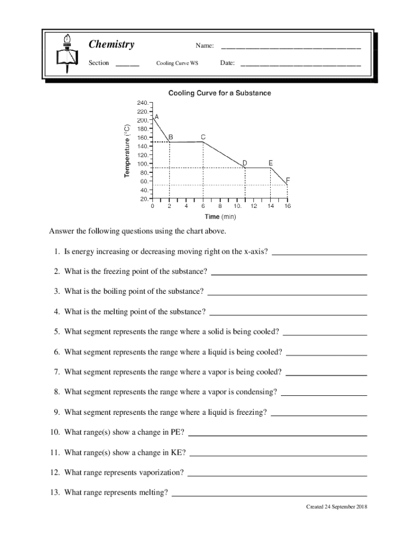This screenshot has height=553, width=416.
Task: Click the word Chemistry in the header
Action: tap(111, 45)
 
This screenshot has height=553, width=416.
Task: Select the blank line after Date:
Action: tap(300, 64)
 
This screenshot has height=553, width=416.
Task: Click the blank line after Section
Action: tap(128, 64)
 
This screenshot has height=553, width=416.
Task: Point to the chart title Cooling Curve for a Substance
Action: tap(219, 93)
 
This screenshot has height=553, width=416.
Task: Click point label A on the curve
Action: tap(157, 117)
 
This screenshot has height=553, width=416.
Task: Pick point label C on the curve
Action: tap(203, 137)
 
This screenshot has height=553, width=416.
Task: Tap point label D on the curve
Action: tap(245, 163)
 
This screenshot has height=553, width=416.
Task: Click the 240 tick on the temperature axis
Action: tap(142, 103)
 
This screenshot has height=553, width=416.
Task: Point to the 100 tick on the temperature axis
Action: tap(142, 164)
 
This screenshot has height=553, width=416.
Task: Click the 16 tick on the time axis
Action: tap(287, 206)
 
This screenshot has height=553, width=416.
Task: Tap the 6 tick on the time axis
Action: tap(203, 206)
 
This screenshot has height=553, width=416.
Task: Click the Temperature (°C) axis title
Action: tap(127, 151)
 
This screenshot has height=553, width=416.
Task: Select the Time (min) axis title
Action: tap(219, 217)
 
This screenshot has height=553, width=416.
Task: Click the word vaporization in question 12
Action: tap(162, 473)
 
